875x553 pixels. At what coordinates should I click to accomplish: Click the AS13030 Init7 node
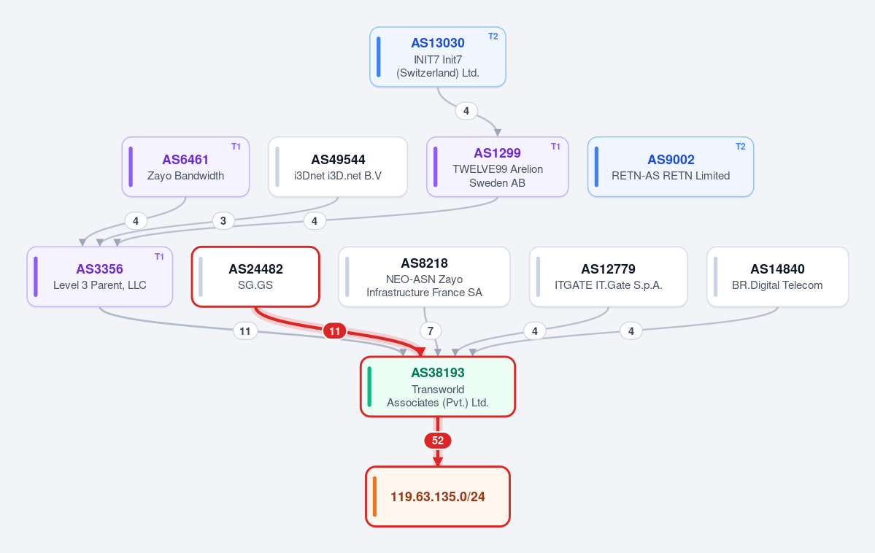click(438, 57)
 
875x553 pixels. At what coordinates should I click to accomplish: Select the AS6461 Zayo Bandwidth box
click(185, 167)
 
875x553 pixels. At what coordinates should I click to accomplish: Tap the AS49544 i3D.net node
click(338, 167)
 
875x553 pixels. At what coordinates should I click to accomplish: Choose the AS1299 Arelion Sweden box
click(497, 167)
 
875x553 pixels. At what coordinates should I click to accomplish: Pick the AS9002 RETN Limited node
click(670, 167)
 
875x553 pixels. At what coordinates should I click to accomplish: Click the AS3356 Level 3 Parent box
click(99, 276)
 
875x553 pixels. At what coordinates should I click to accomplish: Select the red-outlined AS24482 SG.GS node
click(255, 276)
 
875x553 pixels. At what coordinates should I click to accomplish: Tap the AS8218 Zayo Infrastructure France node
click(424, 276)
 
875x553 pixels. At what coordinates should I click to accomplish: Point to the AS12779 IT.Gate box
click(608, 276)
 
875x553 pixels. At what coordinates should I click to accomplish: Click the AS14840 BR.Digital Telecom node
click(777, 276)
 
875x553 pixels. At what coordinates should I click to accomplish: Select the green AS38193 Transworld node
click(438, 387)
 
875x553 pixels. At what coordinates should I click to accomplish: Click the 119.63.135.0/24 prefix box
click(438, 497)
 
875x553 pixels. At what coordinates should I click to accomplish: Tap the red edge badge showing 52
click(438, 441)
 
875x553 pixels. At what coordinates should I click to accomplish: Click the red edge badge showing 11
click(335, 331)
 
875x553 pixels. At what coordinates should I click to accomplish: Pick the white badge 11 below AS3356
click(245, 331)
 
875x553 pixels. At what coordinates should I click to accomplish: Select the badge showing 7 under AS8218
click(431, 331)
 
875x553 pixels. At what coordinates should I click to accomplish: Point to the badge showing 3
click(223, 221)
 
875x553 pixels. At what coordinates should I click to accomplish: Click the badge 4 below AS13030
click(466, 110)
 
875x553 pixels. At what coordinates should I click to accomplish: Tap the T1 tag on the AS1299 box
click(555, 146)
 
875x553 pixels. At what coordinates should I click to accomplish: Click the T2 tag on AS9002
click(741, 146)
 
